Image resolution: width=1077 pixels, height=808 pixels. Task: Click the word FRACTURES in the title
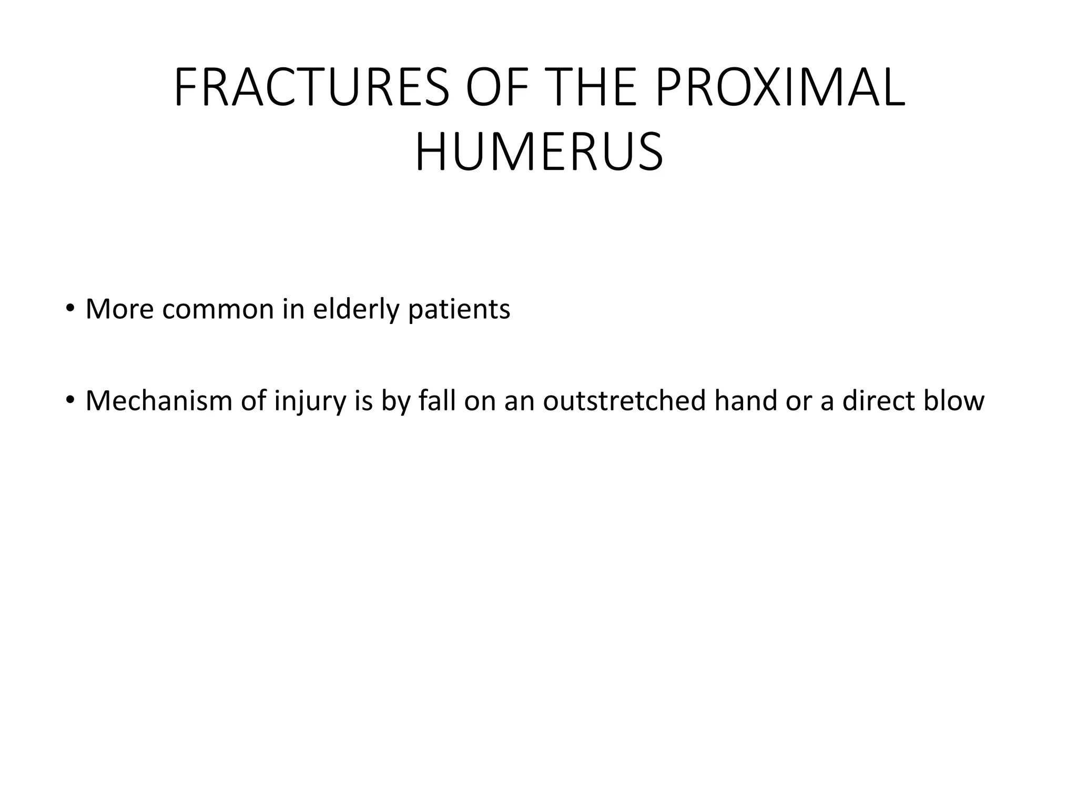coord(311,88)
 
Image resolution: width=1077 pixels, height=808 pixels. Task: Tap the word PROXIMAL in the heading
coord(781,88)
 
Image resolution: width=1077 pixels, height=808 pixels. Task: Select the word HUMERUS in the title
coord(539,153)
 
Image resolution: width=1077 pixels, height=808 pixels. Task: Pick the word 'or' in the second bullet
coord(795,402)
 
